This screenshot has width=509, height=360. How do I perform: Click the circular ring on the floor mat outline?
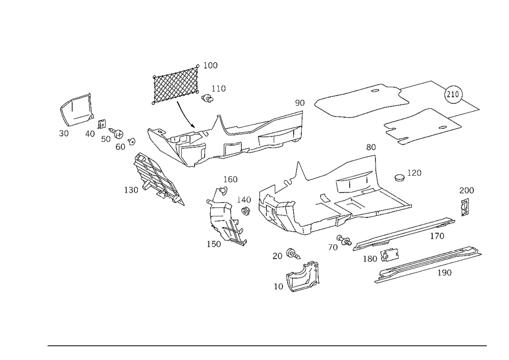point(454,92)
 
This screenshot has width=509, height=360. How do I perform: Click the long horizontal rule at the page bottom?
point(267,345)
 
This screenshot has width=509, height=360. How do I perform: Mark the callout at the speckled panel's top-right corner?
point(213,65)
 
